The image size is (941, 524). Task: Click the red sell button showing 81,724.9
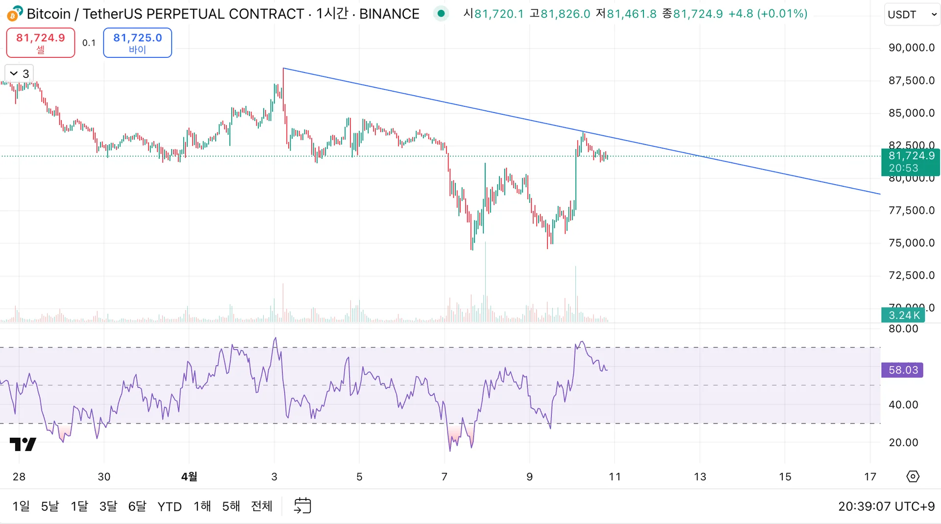pyautogui.click(x=40, y=43)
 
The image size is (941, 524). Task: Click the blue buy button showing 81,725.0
pyautogui.click(x=137, y=43)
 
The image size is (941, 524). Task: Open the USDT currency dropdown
pyautogui.click(x=912, y=14)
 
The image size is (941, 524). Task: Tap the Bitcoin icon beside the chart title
pyautogui.click(x=15, y=13)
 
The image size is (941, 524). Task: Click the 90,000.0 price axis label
pyautogui.click(x=911, y=48)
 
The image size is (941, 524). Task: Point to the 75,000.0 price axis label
pyautogui.click(x=911, y=243)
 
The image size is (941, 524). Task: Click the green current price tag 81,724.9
pyautogui.click(x=911, y=162)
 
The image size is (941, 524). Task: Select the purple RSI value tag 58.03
pyautogui.click(x=902, y=370)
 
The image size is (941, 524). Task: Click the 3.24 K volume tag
pyautogui.click(x=903, y=315)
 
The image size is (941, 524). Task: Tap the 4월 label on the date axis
pyautogui.click(x=189, y=476)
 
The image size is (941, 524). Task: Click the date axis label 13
pyautogui.click(x=700, y=476)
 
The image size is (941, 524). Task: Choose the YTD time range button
pyautogui.click(x=170, y=506)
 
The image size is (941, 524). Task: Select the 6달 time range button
pyautogui.click(x=137, y=506)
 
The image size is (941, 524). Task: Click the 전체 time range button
pyautogui.click(x=262, y=506)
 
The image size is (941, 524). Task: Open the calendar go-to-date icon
pyautogui.click(x=302, y=506)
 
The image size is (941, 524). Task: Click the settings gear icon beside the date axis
pyautogui.click(x=913, y=476)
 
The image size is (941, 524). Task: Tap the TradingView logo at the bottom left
pyautogui.click(x=23, y=444)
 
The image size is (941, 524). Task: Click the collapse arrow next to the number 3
pyautogui.click(x=14, y=74)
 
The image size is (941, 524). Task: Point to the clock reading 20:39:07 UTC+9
pyautogui.click(x=886, y=506)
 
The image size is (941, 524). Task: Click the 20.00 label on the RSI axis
pyautogui.click(x=903, y=443)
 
